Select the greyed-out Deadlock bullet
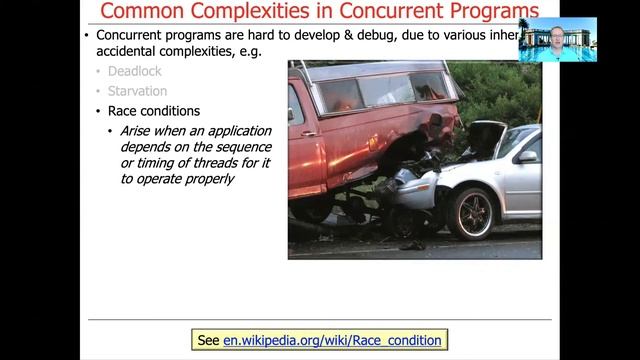(x=135, y=72)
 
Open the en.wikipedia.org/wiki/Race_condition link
(x=332, y=340)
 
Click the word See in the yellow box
(x=208, y=340)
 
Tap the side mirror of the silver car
(x=527, y=157)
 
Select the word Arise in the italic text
(x=137, y=131)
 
